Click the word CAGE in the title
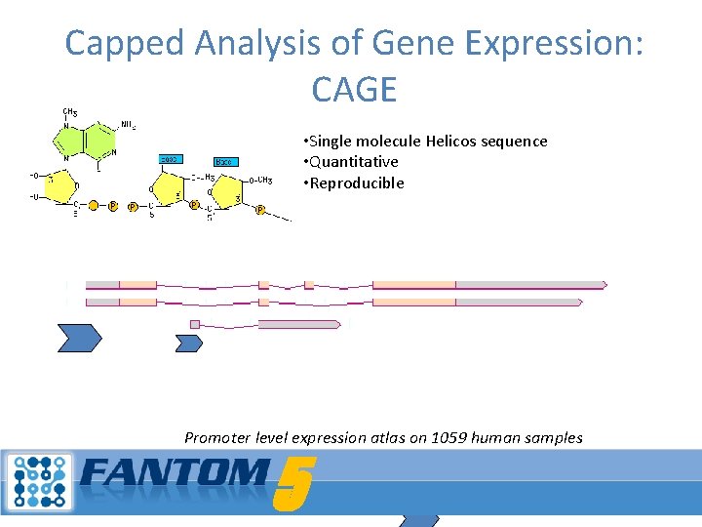(354, 90)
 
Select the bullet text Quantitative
(354, 162)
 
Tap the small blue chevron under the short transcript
(188, 342)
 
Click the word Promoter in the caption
(216, 437)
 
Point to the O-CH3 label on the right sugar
(258, 180)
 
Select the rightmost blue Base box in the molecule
(225, 161)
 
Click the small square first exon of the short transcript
(195, 324)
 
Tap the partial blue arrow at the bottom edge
(419, 521)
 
